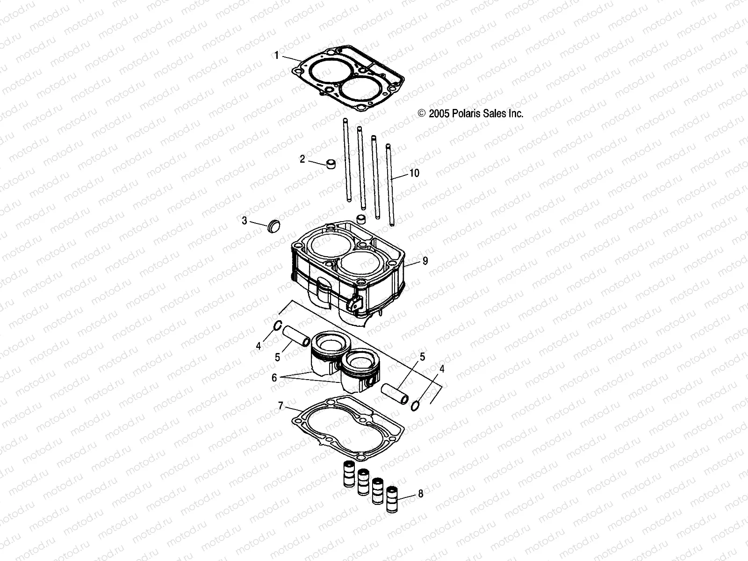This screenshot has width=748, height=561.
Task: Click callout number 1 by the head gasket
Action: (276, 56)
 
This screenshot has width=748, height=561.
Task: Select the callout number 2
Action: (302, 159)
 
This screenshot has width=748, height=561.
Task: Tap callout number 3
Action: (245, 221)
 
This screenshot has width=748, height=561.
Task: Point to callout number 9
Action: (425, 261)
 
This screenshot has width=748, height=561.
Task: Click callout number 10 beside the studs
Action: (414, 173)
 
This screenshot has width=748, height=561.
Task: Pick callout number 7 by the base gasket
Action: (280, 406)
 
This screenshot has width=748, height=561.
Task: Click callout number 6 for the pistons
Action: (274, 377)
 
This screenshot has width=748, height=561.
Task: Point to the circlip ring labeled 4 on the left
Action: (276, 326)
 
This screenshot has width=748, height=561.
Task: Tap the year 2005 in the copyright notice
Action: (447, 114)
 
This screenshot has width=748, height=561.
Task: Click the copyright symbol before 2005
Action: (434, 114)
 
